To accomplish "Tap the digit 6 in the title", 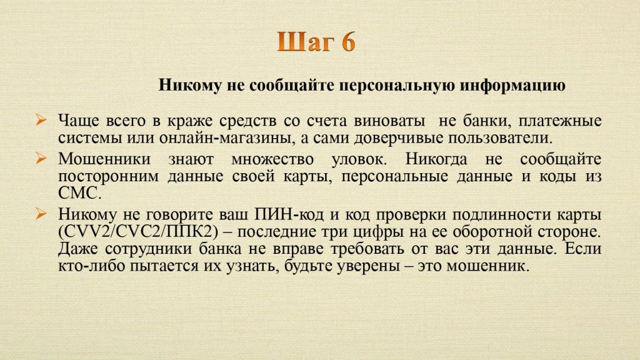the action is (347, 42).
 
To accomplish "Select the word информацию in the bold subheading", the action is (512, 86).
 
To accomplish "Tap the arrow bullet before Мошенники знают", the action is (41, 157).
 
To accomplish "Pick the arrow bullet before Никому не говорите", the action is (41, 213).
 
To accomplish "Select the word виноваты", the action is (389, 121).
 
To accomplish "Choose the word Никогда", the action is (436, 159).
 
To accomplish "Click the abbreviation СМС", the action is (79, 193).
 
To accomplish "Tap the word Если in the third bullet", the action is (583, 249).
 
